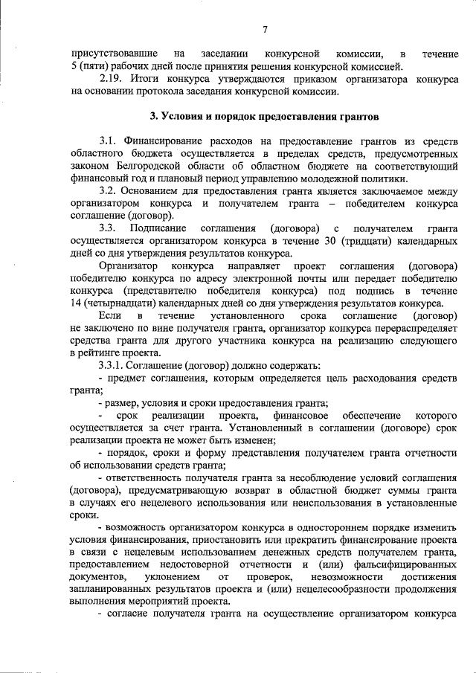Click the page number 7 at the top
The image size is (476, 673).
265,30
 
